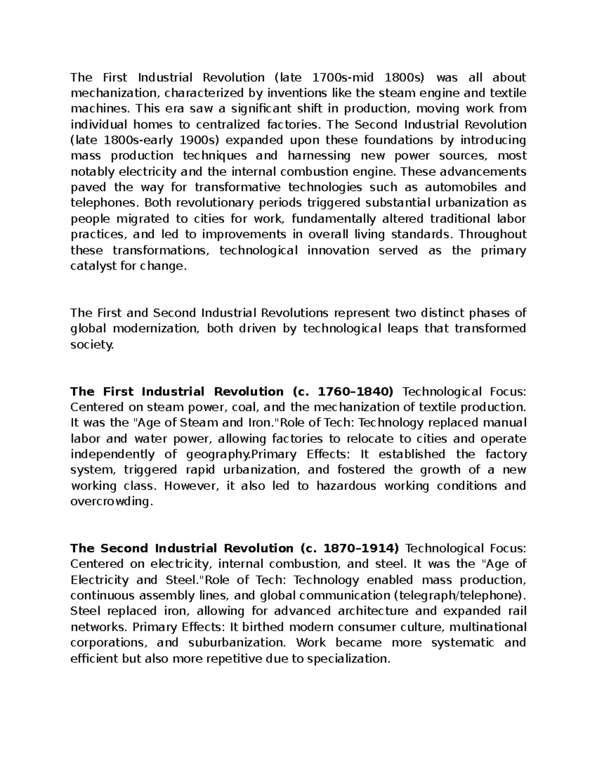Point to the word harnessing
coord(319,156)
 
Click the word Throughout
coord(492,234)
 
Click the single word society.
coord(92,344)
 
